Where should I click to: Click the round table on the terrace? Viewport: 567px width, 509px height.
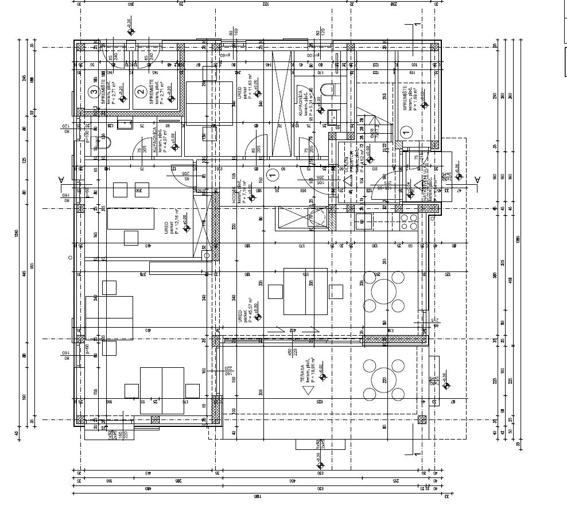click(383, 378)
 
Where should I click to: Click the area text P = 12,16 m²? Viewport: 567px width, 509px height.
click(177, 220)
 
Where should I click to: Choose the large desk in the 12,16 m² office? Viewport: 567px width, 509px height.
click(131, 219)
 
